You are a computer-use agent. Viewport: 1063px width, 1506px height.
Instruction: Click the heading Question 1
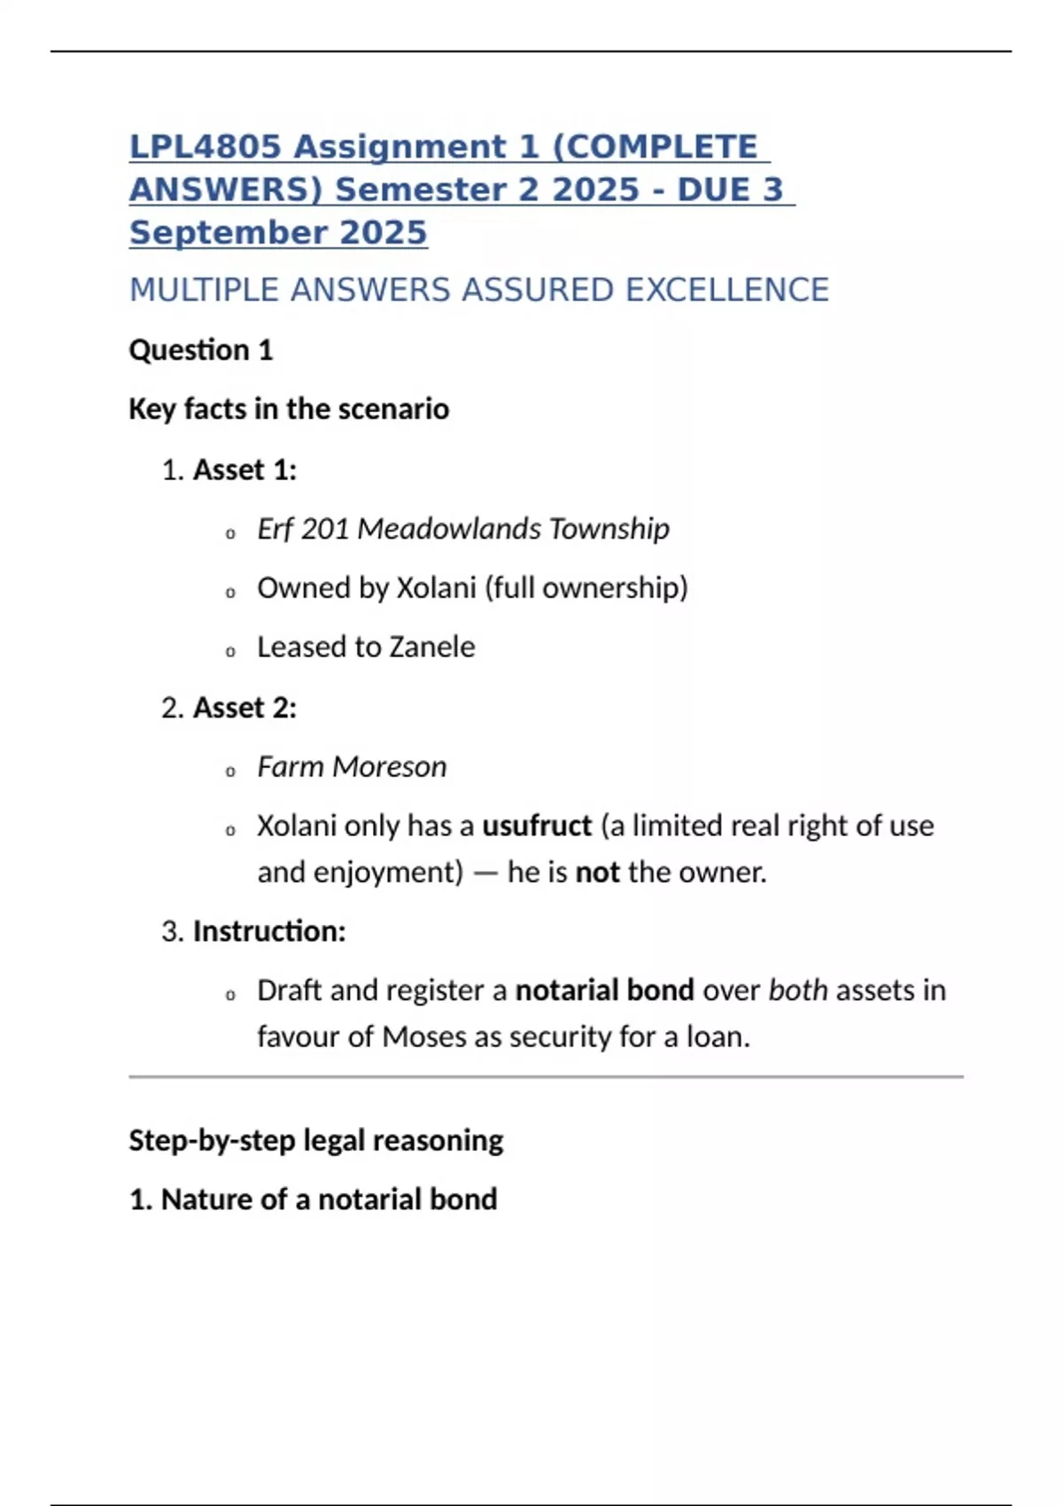[x=201, y=351]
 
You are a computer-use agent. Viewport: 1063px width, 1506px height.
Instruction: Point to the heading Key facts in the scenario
[x=289, y=409]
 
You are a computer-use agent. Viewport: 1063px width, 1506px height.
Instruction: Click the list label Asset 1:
[x=244, y=470]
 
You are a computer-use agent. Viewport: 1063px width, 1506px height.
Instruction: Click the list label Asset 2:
[x=244, y=708]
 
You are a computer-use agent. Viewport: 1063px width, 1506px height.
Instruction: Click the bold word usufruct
[x=536, y=827]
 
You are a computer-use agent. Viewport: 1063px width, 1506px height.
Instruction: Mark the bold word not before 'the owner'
[x=597, y=873]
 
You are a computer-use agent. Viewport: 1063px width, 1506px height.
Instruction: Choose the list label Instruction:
[x=269, y=932]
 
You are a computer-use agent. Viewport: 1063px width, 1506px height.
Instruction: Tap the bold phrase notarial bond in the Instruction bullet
[x=604, y=990]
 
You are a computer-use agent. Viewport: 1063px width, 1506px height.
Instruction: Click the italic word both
[x=797, y=990]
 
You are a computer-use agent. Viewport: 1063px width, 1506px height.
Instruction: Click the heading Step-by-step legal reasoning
[x=316, y=1140]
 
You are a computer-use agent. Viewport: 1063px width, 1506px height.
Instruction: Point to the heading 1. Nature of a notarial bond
[x=314, y=1199]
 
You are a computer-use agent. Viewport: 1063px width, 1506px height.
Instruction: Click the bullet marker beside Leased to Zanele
[x=230, y=652]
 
